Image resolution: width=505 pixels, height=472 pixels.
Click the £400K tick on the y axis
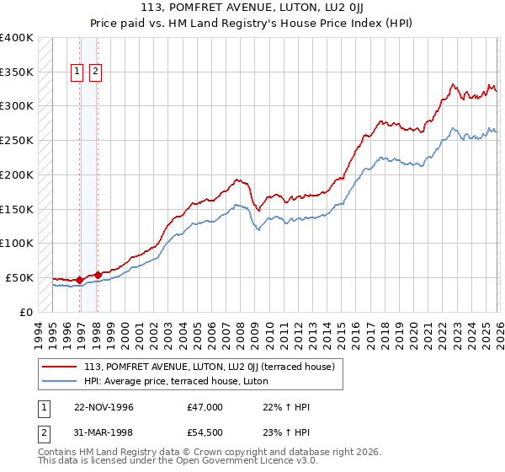[x=17, y=38]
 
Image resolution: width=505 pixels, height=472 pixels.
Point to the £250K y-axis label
[x=17, y=141]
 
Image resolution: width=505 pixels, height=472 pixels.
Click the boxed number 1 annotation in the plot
[x=77, y=72]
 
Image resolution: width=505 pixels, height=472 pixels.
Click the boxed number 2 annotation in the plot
[x=95, y=72]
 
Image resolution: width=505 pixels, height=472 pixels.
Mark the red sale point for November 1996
[x=80, y=280]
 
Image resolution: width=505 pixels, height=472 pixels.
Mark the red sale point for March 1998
[x=98, y=274]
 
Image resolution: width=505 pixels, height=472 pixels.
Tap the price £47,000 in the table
[x=205, y=407]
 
